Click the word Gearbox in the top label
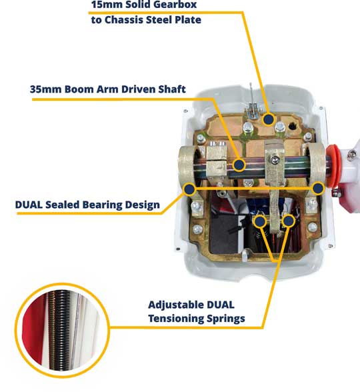[x=179, y=5]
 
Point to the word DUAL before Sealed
[x=29, y=205]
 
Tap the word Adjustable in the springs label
[x=176, y=305]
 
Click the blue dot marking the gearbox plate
[x=269, y=119]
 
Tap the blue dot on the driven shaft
[x=239, y=165]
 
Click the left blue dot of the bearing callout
[x=189, y=189]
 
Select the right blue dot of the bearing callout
[x=318, y=188]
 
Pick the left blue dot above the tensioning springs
[x=260, y=221]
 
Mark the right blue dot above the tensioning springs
[x=289, y=221]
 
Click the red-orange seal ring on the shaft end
[x=334, y=165]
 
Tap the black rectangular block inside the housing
[x=224, y=233]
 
